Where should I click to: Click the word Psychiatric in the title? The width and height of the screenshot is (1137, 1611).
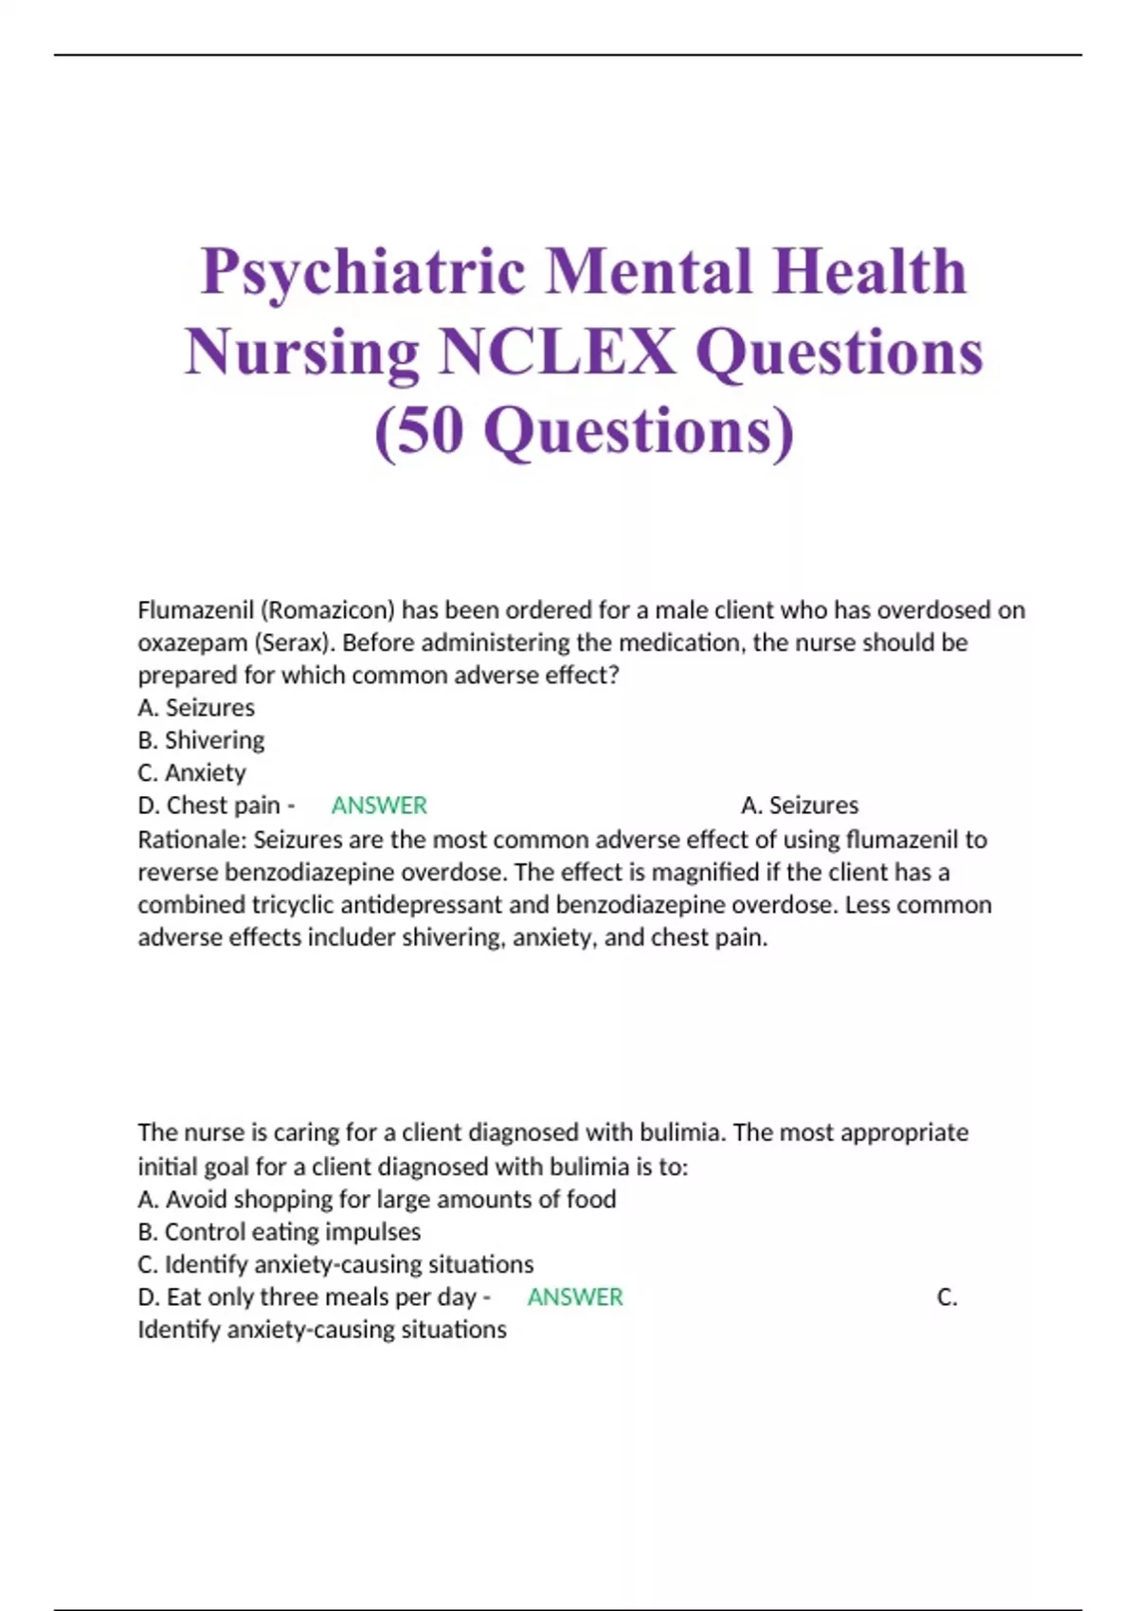tap(363, 272)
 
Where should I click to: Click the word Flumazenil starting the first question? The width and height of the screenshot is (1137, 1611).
tap(194, 610)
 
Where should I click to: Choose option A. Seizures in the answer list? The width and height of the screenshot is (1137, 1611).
tap(196, 708)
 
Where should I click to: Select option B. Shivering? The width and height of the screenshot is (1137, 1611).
tap(201, 740)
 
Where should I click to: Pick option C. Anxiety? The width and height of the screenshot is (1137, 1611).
tap(191, 772)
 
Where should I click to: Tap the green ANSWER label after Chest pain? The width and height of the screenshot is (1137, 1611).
tap(379, 805)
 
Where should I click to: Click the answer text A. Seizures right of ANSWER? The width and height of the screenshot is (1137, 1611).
tap(800, 805)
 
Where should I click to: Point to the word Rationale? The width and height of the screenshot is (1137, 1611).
tap(192, 840)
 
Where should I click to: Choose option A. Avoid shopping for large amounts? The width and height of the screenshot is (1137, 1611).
tap(377, 1200)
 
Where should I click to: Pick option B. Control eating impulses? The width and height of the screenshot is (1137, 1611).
tap(279, 1232)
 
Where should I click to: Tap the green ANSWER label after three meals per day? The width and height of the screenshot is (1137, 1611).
tap(575, 1297)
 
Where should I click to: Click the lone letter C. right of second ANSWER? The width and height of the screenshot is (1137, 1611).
tap(947, 1297)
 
